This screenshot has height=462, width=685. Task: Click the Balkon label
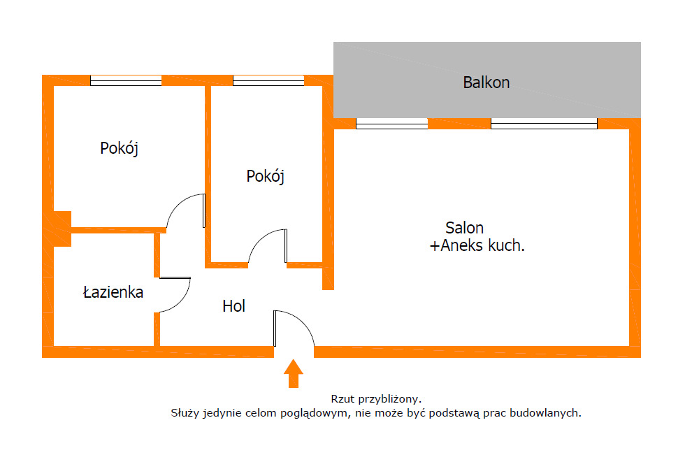[486, 82]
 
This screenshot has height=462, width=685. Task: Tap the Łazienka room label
[113, 292]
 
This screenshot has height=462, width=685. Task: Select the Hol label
[233, 306]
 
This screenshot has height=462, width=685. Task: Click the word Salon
[464, 228]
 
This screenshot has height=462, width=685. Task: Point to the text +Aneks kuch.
[477, 246]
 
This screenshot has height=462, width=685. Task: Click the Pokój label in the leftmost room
[119, 148]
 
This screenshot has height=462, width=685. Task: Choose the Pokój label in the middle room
[266, 177]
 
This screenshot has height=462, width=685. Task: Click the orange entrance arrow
[294, 373]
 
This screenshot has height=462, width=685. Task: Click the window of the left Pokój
[126, 80]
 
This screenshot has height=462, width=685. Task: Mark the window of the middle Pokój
[268, 80]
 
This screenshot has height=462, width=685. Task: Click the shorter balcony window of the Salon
[391, 124]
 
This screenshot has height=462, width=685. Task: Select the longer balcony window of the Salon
[544, 124]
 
